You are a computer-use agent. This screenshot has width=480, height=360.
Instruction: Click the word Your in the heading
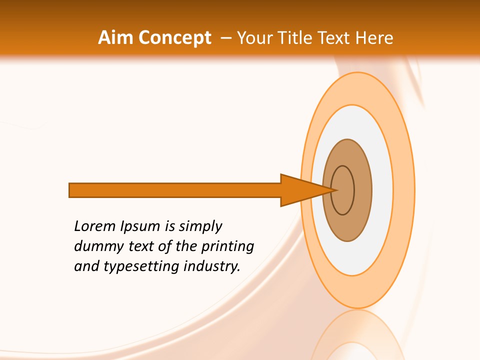[x=256, y=38]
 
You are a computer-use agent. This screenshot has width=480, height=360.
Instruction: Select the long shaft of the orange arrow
[x=175, y=190]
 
